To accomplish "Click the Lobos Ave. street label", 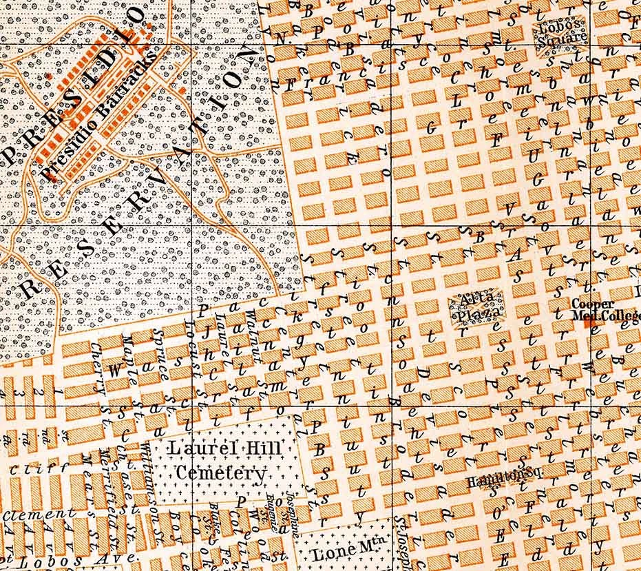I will point(41,561).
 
